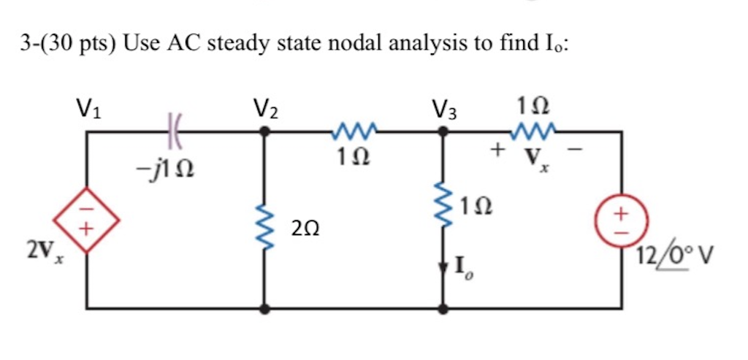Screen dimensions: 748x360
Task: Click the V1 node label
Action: [x=89, y=110]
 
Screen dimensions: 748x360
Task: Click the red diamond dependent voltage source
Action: [x=86, y=220]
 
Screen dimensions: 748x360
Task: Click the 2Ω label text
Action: [x=305, y=230]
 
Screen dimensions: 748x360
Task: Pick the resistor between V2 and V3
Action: [x=355, y=130]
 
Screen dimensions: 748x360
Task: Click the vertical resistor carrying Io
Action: [x=443, y=206]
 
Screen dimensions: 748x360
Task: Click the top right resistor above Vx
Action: [x=533, y=130]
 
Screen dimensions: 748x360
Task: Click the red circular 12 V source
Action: [x=621, y=221]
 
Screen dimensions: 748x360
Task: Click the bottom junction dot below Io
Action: [x=443, y=309]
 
